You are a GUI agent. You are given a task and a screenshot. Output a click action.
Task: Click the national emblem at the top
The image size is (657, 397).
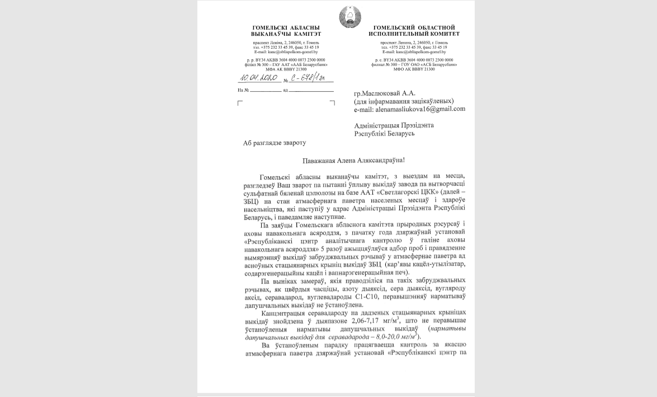pyautogui.click(x=350, y=16)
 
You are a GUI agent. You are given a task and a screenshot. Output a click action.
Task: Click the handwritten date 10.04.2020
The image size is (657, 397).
pyautogui.click(x=261, y=78)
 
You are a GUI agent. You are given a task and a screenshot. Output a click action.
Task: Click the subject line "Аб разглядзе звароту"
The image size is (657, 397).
pyautogui.click(x=275, y=143)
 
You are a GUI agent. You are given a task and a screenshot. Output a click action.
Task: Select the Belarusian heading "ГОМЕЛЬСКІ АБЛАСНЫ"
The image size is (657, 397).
pyautogui.click(x=286, y=27)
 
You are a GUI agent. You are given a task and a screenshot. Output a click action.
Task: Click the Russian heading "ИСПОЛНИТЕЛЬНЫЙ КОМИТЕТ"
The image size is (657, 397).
pyautogui.click(x=414, y=34)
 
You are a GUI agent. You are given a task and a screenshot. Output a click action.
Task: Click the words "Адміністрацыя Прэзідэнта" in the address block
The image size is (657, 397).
pyautogui.click(x=394, y=125)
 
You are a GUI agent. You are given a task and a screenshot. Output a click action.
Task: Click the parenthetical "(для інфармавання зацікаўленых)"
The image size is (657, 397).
pyautogui.click(x=404, y=101)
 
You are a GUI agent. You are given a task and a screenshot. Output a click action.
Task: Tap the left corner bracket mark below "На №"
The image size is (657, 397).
pyautogui.click(x=240, y=103)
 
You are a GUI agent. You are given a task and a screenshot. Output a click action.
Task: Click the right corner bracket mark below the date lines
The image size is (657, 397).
pyautogui.click(x=332, y=103)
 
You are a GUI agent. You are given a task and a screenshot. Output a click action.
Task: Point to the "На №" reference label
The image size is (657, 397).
pyautogui.click(x=243, y=90)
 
